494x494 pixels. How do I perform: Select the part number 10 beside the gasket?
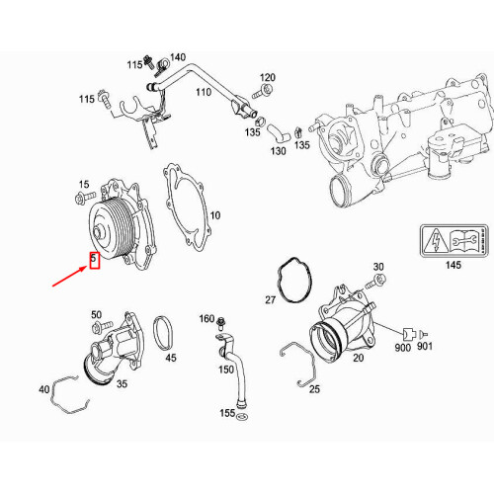[214, 214]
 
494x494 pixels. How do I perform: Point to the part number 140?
[177, 57]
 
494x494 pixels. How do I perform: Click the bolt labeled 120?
[267, 91]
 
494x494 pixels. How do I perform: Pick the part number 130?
[279, 151]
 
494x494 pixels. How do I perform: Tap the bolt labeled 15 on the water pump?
[78, 201]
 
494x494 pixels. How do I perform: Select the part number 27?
[270, 299]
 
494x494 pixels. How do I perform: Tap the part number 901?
[425, 348]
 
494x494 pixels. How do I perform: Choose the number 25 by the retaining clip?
[314, 388]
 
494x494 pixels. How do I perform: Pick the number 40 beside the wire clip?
[43, 389]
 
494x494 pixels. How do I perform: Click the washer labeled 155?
[242, 418]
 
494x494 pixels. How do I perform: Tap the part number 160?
[206, 318]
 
